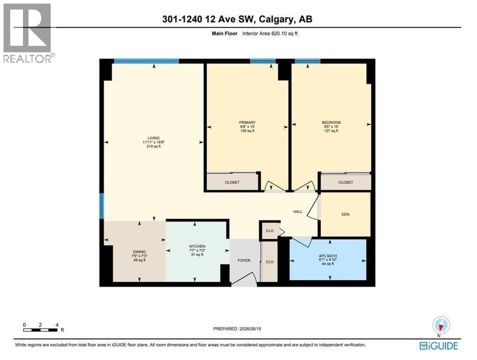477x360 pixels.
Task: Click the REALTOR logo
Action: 28,33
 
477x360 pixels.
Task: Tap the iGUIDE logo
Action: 439,346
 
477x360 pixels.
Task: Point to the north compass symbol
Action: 440,326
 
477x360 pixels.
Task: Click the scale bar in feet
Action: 41,328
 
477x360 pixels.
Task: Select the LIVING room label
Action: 154,138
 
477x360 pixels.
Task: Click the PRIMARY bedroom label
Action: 247,123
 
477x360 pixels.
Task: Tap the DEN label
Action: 346,214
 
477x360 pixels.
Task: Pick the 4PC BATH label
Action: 328,256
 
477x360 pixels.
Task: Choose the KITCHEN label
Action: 197,246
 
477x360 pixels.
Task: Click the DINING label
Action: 139,252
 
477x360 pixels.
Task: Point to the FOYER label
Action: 244,261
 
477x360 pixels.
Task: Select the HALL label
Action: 298,211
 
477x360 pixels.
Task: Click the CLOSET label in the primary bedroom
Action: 232,182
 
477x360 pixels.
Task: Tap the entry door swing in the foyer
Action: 245,278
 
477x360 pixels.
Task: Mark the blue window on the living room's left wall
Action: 102,206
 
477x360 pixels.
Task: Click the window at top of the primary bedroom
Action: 263,61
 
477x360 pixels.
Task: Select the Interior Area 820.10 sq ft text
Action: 270,33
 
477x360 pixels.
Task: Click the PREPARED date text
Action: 237,329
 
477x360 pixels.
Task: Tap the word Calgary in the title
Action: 276,20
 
